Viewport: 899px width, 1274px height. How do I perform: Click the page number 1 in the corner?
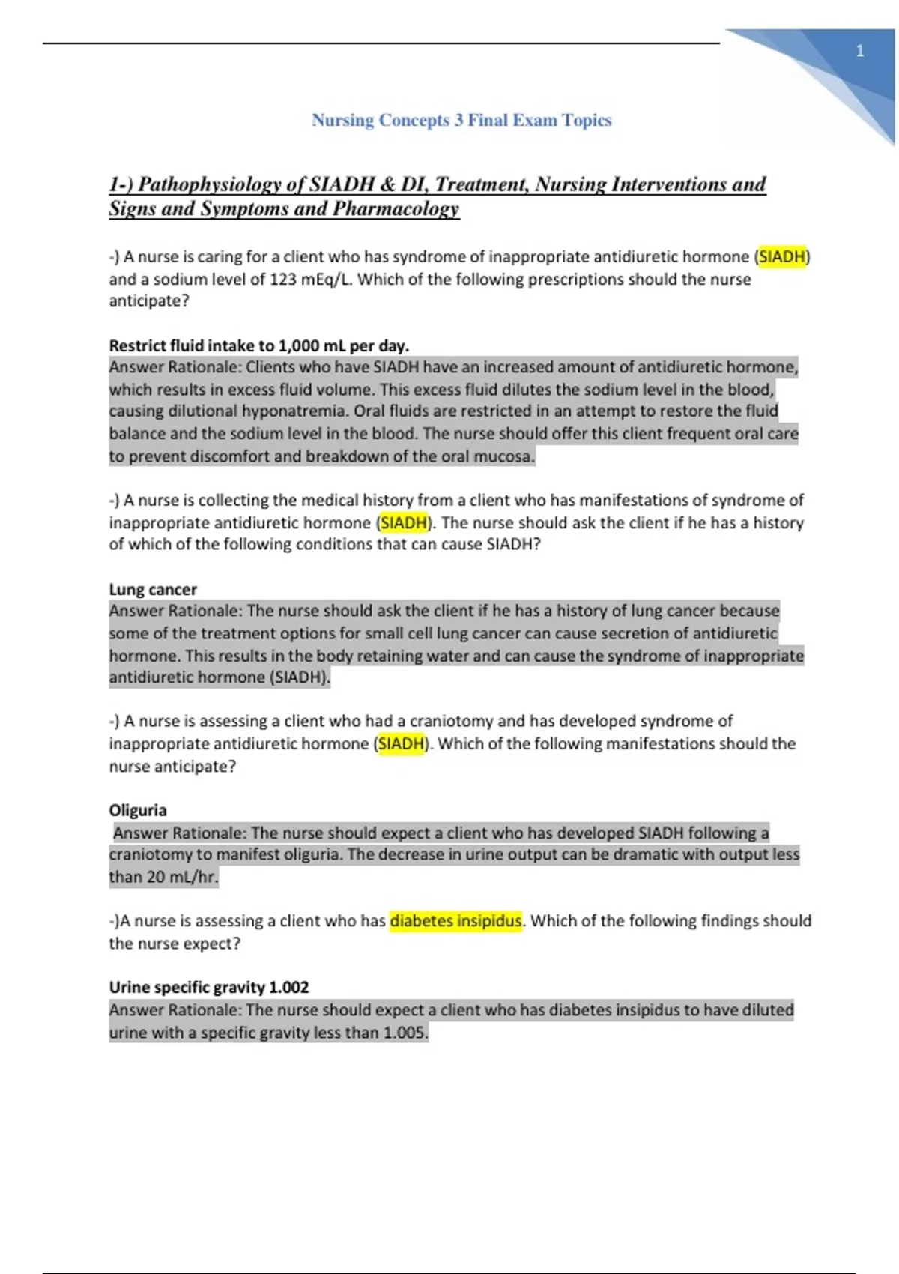pyautogui.click(x=860, y=51)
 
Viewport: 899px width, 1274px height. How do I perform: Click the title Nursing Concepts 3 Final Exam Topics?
pyautogui.click(x=461, y=120)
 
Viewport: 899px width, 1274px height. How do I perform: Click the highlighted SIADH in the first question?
pyautogui.click(x=781, y=257)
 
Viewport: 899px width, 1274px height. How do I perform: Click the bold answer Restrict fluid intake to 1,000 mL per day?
pyautogui.click(x=258, y=346)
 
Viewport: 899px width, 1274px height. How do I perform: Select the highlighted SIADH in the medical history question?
pyautogui.click(x=403, y=523)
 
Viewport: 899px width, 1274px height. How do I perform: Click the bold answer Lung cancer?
pyautogui.click(x=153, y=590)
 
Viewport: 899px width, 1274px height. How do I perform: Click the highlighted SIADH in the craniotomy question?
pyautogui.click(x=401, y=744)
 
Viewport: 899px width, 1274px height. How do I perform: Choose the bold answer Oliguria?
pyautogui.click(x=138, y=811)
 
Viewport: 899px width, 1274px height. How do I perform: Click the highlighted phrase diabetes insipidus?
pyautogui.click(x=455, y=921)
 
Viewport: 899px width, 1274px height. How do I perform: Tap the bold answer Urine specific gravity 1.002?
pyautogui.click(x=209, y=988)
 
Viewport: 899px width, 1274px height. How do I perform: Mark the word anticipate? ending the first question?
pyautogui.click(x=149, y=301)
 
